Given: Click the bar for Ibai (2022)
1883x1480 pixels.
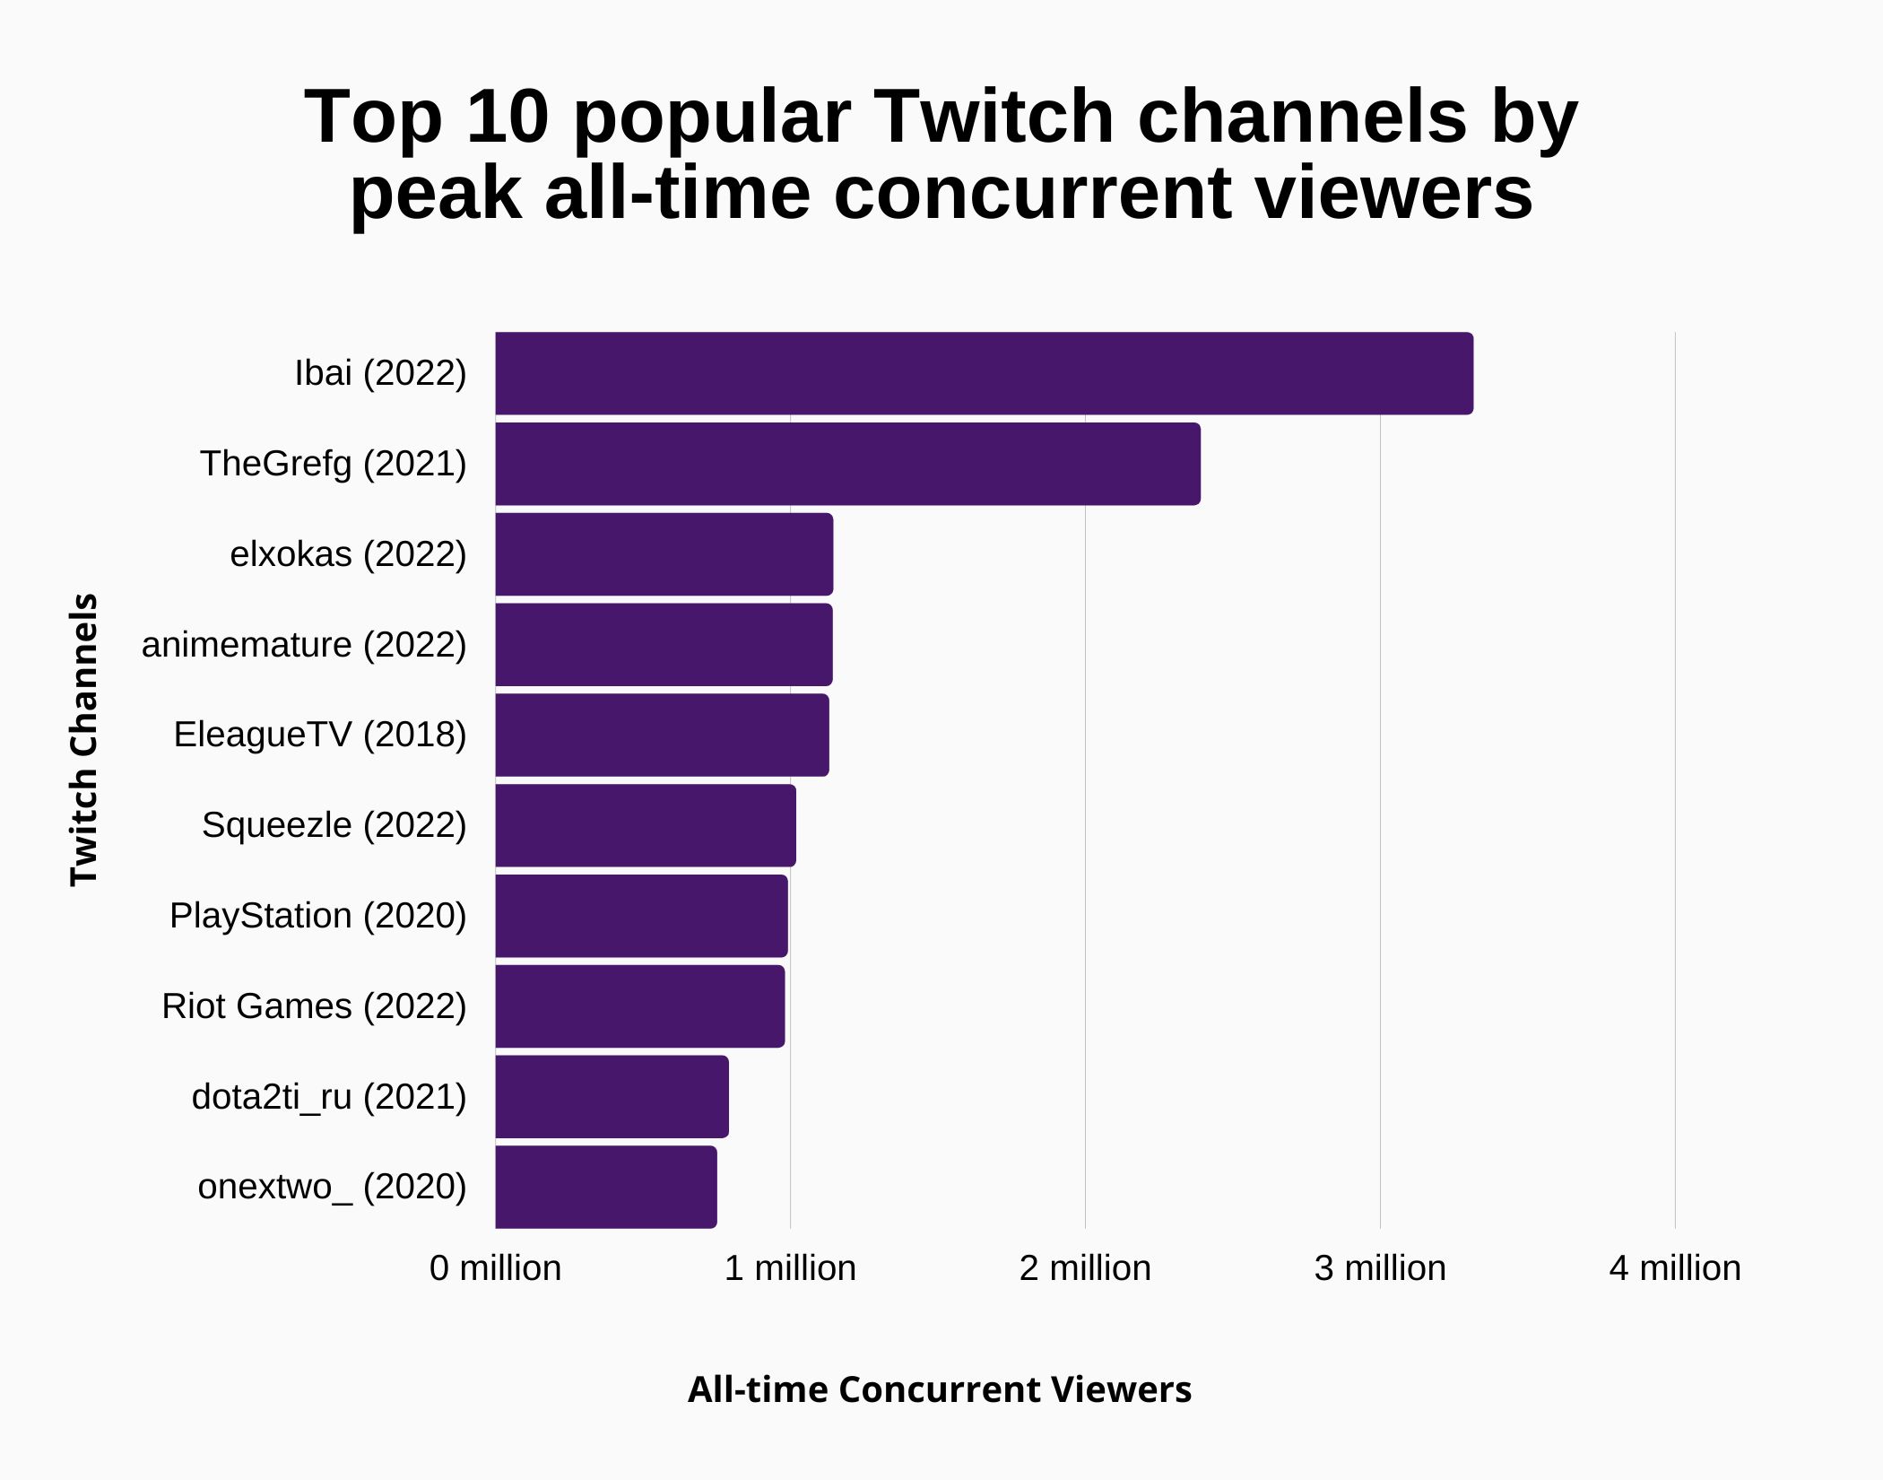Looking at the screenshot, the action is point(984,373).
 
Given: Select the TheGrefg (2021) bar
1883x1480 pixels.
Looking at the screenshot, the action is point(847,464).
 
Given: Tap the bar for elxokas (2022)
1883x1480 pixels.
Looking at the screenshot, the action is point(664,554).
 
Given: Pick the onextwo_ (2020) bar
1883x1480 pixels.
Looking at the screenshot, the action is point(606,1187).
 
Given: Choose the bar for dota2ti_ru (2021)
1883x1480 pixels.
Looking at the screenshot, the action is point(612,1096).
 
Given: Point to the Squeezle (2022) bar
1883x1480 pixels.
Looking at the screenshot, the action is point(646,825).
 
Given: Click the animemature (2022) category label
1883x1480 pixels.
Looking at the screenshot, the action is point(304,644).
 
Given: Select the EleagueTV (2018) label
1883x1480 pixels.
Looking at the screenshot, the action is point(320,734).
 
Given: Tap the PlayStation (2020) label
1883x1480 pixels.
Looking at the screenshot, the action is point(318,915).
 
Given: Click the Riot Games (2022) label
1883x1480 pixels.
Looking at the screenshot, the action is point(314,1006).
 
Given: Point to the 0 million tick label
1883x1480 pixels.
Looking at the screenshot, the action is point(495,1268).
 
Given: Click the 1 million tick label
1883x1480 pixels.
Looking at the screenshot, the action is point(790,1268).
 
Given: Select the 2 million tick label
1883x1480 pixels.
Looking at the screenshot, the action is point(1085,1268).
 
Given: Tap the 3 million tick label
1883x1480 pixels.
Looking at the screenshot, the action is point(1380,1268).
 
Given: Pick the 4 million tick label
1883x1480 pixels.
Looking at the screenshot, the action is point(1674,1268).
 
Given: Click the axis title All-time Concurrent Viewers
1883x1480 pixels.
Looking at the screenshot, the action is point(939,1389).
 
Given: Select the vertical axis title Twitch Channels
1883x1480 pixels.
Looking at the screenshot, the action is point(83,740).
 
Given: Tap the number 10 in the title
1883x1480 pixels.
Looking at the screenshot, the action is point(507,117).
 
